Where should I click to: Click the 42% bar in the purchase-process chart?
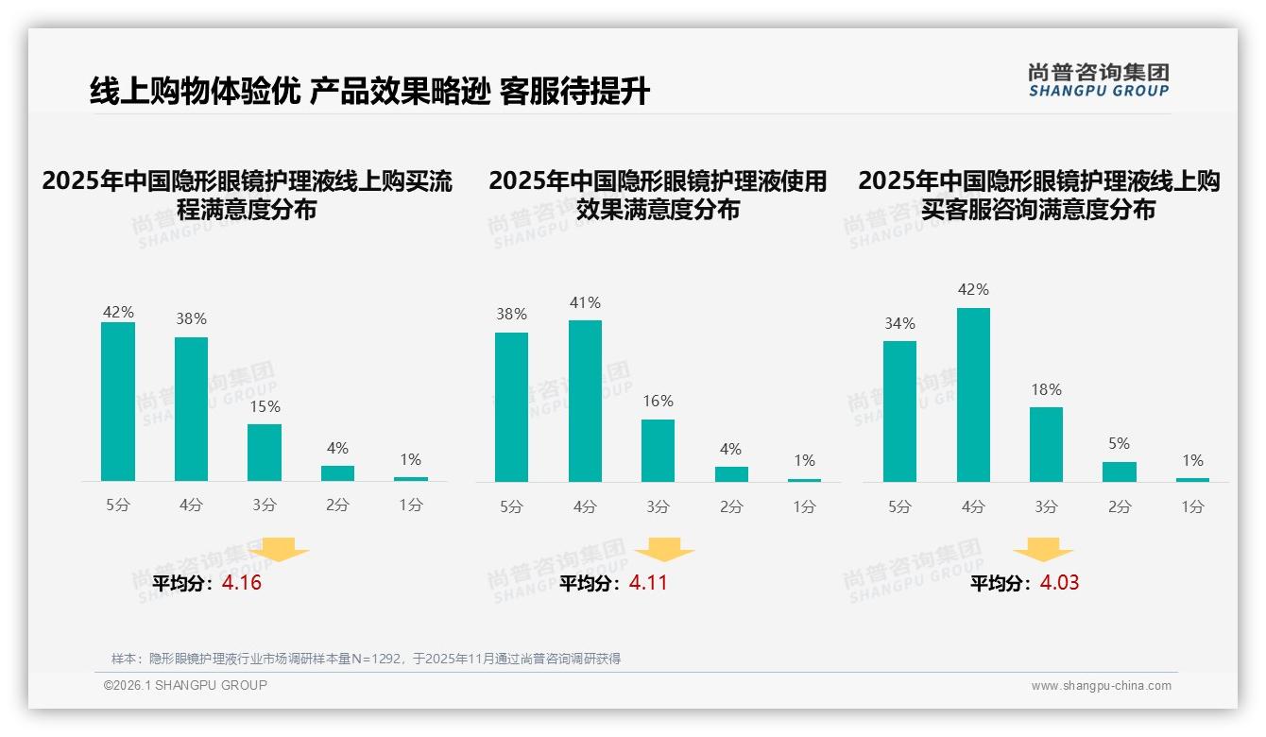(x=118, y=402)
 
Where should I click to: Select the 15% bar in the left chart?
(x=265, y=453)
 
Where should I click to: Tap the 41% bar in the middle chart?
(x=585, y=401)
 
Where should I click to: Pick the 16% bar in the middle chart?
(x=658, y=451)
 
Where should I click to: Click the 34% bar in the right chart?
(x=899, y=411)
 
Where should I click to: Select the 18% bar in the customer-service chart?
(x=1046, y=444)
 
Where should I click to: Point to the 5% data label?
(x=1120, y=443)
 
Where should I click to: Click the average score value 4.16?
(x=242, y=583)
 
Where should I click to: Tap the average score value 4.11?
(x=648, y=583)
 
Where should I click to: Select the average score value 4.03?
(x=1059, y=583)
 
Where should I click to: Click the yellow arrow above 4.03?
(x=1043, y=550)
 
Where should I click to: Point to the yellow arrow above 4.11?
(x=664, y=550)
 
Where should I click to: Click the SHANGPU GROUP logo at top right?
(x=1098, y=80)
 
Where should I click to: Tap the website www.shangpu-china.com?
(x=1101, y=686)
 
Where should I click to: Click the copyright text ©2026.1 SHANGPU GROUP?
(x=185, y=685)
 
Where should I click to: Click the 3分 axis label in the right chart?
(x=1046, y=506)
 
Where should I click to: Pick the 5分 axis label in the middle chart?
(x=511, y=506)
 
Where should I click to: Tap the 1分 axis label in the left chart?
(x=410, y=506)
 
